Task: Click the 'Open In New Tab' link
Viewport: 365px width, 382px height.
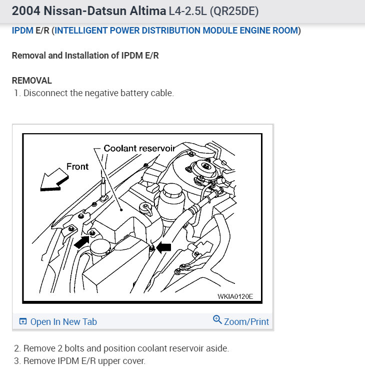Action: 63,322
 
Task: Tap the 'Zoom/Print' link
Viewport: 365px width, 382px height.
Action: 246,322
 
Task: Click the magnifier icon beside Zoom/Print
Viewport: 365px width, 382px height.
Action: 217,319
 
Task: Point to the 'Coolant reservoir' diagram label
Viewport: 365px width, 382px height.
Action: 139,148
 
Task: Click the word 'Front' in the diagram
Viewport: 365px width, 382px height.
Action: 77,166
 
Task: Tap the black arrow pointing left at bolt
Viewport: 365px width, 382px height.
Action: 163,246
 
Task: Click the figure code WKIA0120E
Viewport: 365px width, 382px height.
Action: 235,296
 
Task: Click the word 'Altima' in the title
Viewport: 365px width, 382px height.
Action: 148,11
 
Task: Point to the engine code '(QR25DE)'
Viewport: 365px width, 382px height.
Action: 231,11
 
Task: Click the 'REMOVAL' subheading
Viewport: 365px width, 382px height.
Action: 32,81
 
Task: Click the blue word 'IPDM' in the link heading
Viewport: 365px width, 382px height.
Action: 22,31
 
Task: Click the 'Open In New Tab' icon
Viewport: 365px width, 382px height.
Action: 22,322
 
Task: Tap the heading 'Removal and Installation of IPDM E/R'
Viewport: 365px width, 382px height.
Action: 85,56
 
